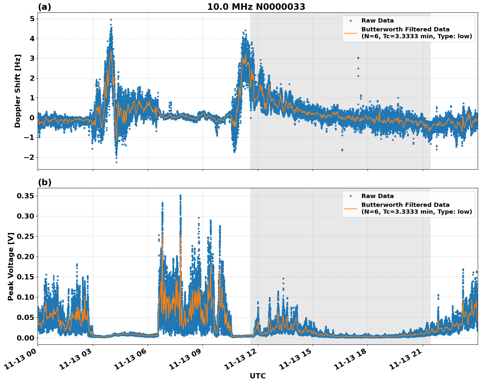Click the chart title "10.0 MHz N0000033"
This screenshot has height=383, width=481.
pos(256,7)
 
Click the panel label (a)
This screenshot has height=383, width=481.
pos(44,7)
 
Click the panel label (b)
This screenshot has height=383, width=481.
pos(44,182)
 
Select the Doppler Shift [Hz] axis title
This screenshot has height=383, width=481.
pos(18,91)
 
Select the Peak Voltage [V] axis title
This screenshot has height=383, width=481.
pos(11,266)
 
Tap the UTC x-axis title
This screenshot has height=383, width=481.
pos(257,376)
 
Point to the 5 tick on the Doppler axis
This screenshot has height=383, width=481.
pos(32,19)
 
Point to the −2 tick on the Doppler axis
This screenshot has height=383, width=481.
pos(30,157)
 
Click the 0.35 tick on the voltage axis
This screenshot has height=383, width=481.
pos(25,196)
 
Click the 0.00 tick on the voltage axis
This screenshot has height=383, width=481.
pos(25,338)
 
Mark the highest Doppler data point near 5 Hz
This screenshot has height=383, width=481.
pos(111,20)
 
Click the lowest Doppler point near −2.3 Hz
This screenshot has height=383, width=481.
pos(116,162)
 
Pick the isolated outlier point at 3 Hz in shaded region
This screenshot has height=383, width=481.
pos(358,58)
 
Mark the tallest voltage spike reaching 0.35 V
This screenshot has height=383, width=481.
pos(180,195)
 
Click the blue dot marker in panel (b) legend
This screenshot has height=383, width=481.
pos(351,196)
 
